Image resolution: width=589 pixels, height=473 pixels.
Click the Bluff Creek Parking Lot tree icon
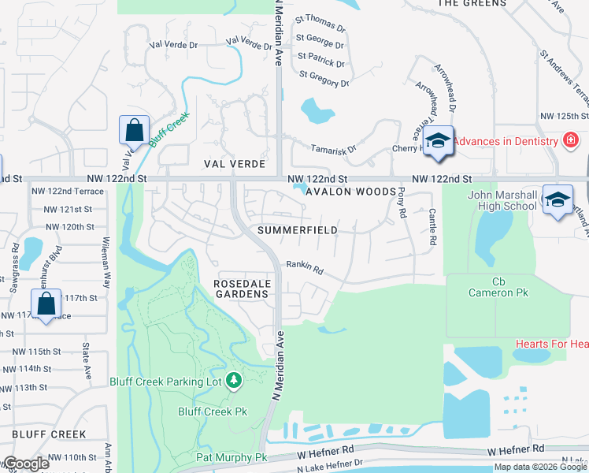point(233,382)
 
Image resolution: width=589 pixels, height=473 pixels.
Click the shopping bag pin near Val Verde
point(134,130)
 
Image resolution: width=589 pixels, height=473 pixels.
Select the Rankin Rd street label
point(305,269)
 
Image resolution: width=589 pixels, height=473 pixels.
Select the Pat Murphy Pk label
point(232,458)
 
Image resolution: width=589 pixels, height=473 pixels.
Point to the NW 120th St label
point(69,226)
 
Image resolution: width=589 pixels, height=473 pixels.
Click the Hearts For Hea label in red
point(551,344)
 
